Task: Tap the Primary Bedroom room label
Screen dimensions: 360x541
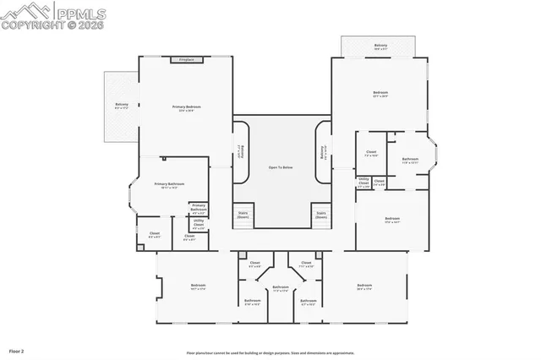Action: point(186,109)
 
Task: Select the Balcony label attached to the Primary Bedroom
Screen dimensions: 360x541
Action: point(122,106)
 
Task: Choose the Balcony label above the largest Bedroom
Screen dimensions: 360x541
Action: point(380,46)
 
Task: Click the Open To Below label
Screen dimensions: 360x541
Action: point(281,168)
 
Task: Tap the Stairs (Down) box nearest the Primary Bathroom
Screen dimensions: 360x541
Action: point(243,215)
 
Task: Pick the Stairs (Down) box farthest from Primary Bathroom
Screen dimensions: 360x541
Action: point(320,215)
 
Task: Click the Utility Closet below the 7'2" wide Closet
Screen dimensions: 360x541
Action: point(363,182)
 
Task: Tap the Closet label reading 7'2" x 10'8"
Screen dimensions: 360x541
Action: point(371,154)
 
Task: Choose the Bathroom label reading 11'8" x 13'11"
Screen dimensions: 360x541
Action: point(410,161)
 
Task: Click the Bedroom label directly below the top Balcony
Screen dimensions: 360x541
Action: point(380,94)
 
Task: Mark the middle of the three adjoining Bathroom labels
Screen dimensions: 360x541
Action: point(281,289)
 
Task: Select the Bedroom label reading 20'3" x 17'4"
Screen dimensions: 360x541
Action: point(364,286)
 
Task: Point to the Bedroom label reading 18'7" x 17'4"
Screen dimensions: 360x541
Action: point(198,286)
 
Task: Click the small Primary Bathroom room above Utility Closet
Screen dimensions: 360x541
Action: point(199,208)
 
